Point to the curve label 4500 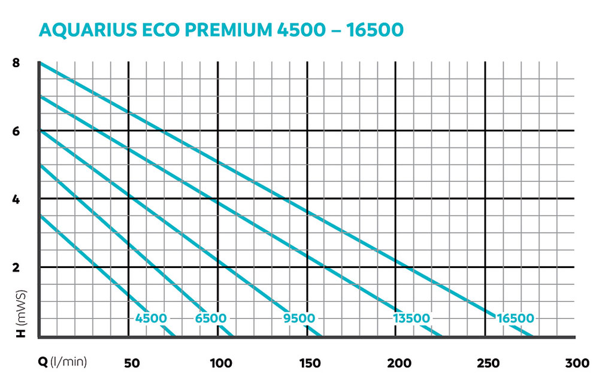[151, 318]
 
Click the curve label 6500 [211, 318]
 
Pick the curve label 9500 [299, 318]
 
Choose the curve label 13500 [412, 318]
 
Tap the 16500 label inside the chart [515, 318]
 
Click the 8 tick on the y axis [16, 62]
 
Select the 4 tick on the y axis [16, 199]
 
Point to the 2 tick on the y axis [16, 267]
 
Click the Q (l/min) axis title [62, 362]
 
